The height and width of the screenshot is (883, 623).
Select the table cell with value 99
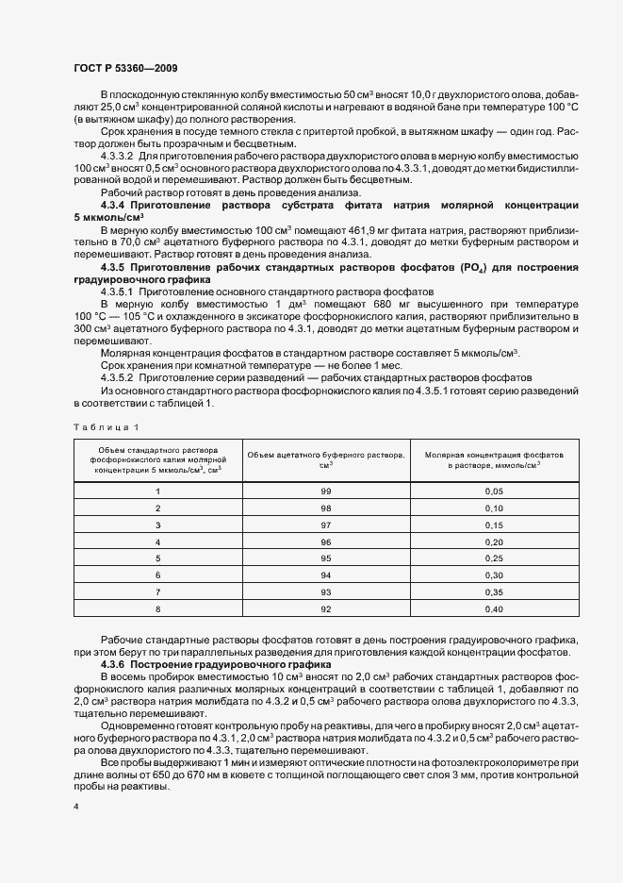tap(326, 491)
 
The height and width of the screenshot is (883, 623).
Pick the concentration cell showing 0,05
tap(494, 491)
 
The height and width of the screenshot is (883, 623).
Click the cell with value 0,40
tap(494, 608)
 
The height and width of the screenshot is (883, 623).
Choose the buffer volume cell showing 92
tap(326, 608)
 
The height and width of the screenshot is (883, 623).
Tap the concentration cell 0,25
tap(494, 558)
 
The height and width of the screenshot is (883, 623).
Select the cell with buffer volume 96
tap(326, 541)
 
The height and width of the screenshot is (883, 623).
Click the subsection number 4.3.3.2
tap(120, 154)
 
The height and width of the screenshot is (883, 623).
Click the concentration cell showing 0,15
tap(494, 525)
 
